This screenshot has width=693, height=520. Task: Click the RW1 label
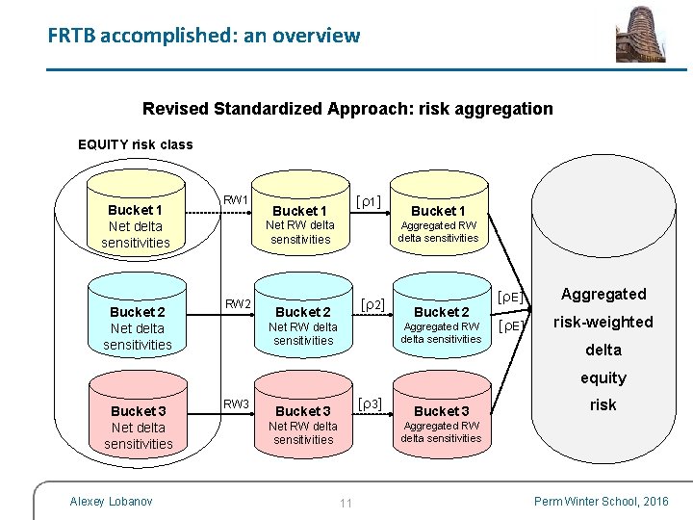[x=237, y=200]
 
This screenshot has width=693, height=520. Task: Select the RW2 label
[x=238, y=304]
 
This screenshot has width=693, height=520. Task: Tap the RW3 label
[x=237, y=403]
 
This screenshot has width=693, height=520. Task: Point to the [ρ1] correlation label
[x=368, y=201]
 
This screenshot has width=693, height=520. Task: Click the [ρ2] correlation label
[x=371, y=304]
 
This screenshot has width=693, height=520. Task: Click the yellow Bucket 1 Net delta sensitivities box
[x=136, y=225]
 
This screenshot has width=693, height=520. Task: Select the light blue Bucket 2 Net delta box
[x=137, y=327]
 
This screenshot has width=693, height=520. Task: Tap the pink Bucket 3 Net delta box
[x=138, y=427]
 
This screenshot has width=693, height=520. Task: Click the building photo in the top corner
[x=640, y=34]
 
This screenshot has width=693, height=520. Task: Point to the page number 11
[x=346, y=502]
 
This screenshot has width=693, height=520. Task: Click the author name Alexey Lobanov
[x=111, y=501]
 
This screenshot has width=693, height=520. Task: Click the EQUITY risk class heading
[x=135, y=144]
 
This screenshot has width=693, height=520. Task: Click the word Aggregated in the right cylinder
[x=603, y=294]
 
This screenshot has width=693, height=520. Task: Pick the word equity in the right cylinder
[x=603, y=377]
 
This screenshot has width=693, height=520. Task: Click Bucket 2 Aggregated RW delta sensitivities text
[x=441, y=325]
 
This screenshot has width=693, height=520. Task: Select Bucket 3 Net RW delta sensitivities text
[x=303, y=426]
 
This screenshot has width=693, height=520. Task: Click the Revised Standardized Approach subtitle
[x=347, y=108]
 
